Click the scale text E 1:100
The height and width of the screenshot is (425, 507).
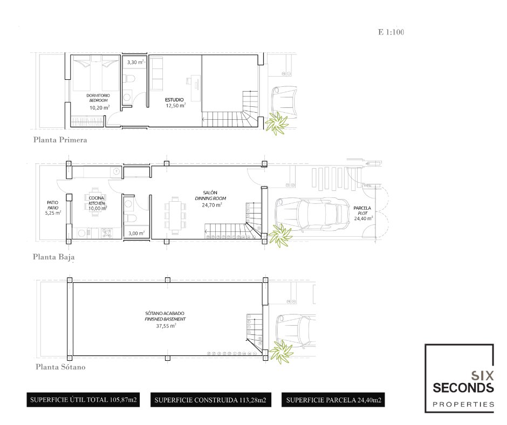click(391, 32)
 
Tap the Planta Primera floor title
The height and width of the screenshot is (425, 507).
click(60, 140)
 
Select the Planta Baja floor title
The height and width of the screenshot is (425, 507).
click(54, 257)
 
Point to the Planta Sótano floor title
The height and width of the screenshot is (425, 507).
click(60, 367)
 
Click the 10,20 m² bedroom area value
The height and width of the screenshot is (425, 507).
click(100, 107)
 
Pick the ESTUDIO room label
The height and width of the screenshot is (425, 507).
click(174, 100)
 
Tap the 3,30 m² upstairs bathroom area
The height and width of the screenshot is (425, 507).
click(135, 62)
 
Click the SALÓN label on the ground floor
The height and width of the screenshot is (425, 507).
click(210, 193)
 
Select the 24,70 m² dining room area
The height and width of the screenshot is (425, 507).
click(212, 205)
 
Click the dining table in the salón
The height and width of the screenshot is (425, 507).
click(175, 215)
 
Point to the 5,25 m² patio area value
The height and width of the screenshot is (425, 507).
click(53, 213)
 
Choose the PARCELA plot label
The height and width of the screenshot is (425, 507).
click(362, 208)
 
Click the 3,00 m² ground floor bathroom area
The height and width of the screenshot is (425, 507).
click(136, 233)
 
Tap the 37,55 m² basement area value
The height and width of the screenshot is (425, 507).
click(166, 326)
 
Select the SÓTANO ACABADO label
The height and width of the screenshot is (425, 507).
click(165, 313)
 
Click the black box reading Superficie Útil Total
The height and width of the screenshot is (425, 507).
click(83, 400)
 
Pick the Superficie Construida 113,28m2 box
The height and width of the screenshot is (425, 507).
click(210, 400)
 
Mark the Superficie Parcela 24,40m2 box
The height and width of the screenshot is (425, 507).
click(333, 400)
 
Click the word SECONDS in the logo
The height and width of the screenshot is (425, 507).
click(463, 387)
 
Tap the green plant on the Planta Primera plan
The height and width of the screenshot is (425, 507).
click(277, 123)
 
